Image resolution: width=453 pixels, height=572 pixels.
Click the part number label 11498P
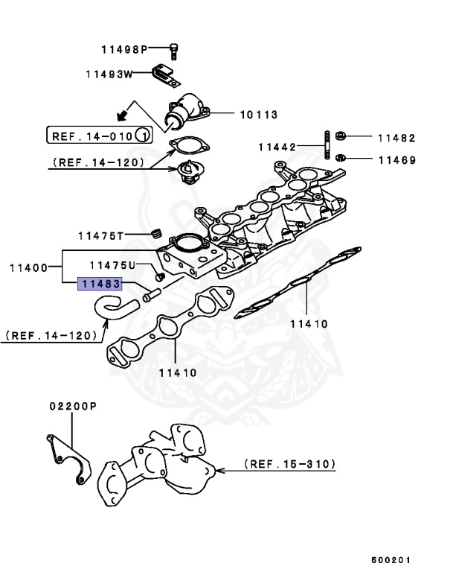[124, 50]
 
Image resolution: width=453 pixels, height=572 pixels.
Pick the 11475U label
[112, 265]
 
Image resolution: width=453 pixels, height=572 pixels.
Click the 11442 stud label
[277, 147]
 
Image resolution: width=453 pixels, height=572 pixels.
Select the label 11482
[396, 139]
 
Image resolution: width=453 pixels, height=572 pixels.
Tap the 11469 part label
[396, 159]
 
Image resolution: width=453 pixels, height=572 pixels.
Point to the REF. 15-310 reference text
[289, 464]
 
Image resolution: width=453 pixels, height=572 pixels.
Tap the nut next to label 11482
[339, 137]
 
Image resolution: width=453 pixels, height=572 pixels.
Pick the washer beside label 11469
[340, 158]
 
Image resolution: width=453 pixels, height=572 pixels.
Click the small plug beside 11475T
[156, 234]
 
